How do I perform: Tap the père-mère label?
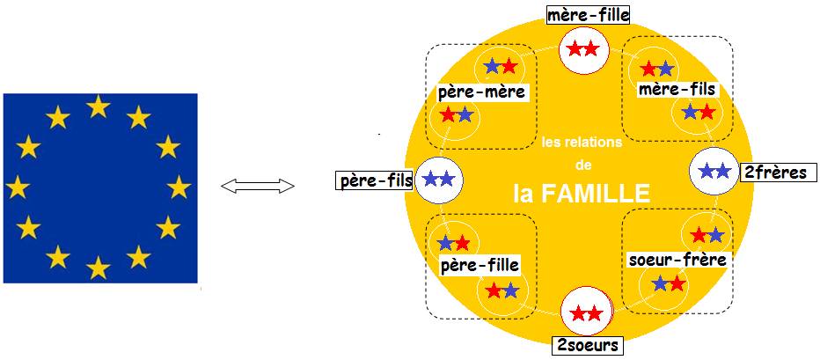pos(481,93)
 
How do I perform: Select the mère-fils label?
pos(677,90)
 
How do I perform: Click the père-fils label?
pos(375,181)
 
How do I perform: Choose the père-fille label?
pos(480,265)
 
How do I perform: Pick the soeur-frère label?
pos(677,259)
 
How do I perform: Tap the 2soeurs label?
pos(589,345)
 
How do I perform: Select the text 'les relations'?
pos(582,143)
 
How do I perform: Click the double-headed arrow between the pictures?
pos(257,186)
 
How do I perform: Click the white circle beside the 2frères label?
pos(714,170)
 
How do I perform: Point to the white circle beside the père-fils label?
pos(439,180)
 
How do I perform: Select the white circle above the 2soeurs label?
pos(586,314)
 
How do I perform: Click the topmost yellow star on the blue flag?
pos(98,107)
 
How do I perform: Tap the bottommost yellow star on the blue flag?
pos(98,268)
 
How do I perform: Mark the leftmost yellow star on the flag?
pos(18,187)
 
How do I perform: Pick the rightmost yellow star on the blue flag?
pos(179,187)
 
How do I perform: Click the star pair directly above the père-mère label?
pos(501,66)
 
